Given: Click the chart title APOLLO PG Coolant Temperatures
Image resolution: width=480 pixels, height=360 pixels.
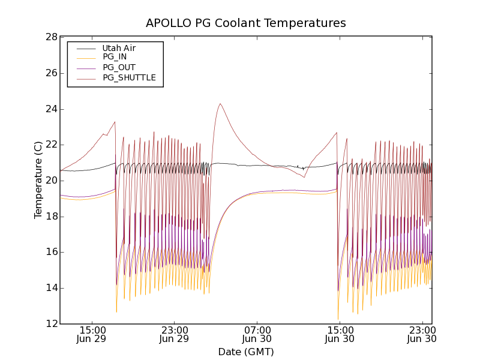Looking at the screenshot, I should coord(246,23).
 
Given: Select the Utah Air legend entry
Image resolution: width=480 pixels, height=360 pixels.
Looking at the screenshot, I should coord(119,48).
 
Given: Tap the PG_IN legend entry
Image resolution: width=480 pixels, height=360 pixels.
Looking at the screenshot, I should coord(115,57).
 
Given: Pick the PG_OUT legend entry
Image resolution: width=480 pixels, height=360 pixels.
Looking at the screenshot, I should coord(119,67).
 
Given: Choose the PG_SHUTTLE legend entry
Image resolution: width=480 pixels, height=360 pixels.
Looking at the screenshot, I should coord(129,77).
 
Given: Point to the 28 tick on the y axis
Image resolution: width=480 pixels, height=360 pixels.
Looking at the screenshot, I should coord(50,37).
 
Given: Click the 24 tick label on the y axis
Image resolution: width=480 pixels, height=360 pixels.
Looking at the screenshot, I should coord(50,109).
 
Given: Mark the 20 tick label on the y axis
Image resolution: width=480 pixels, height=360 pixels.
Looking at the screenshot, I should coord(50,181).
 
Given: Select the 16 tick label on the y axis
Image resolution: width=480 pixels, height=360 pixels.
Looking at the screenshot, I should coord(50,252).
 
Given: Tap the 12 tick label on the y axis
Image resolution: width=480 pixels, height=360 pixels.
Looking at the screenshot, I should coord(50,324).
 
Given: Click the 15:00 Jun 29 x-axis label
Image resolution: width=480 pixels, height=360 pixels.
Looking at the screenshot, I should coord(92,334).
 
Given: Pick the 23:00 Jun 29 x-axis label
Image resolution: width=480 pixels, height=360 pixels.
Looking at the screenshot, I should coord(175,334).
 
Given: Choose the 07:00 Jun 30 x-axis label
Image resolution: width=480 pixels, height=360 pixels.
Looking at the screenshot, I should coord(257,334).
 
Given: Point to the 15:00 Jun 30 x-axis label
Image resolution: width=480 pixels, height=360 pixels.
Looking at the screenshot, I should coord(340,334).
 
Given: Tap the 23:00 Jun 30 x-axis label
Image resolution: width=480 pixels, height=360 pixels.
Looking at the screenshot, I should coord(422,334).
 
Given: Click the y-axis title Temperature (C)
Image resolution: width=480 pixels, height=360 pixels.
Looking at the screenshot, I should coord(38,180).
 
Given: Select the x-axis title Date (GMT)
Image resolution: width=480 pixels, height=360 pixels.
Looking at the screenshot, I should coord(246,352).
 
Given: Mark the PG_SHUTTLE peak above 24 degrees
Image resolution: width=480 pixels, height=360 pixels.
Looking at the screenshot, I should coord(221,104).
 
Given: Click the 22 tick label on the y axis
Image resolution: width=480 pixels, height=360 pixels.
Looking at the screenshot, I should coord(50,145).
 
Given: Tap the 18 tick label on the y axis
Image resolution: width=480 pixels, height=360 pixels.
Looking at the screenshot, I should coord(50,217).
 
